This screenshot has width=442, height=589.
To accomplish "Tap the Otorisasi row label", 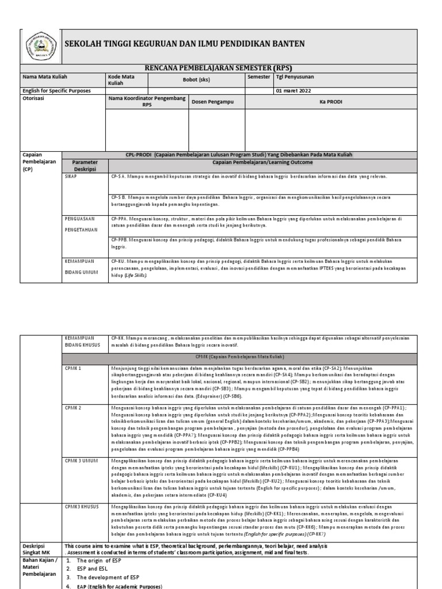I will (x=33, y=98).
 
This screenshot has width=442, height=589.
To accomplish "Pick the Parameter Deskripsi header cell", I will (x=85, y=166).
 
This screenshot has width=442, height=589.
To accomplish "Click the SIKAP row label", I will (x=71, y=177).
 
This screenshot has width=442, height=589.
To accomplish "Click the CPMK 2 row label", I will (x=73, y=407).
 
